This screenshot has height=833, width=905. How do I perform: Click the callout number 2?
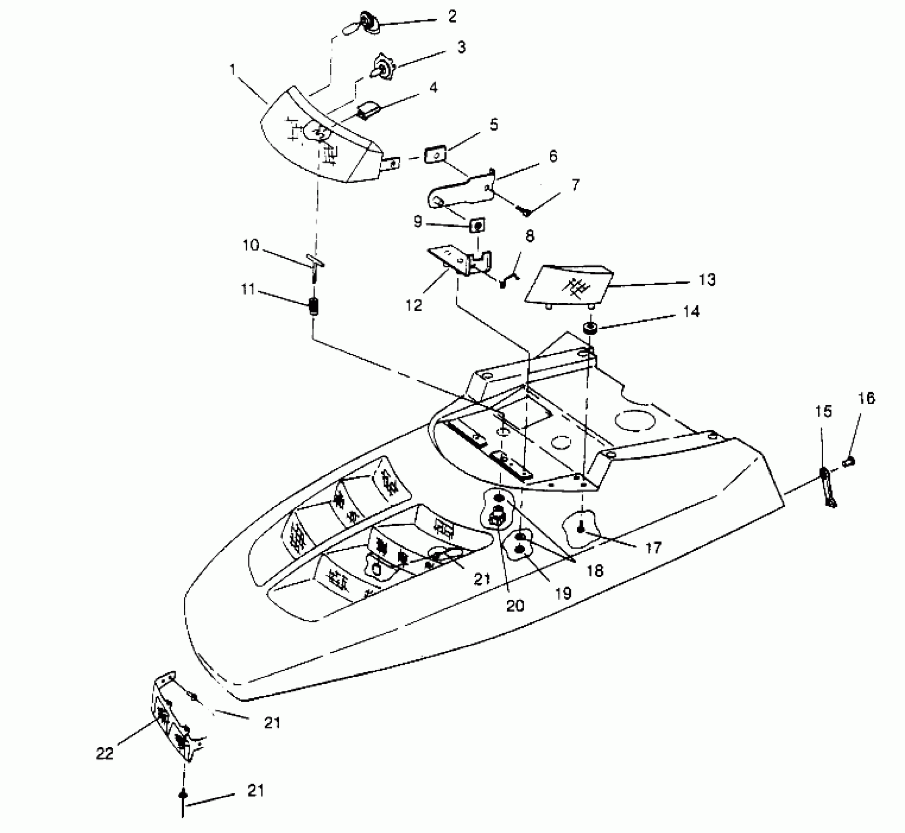click(452, 17)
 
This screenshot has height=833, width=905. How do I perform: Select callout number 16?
click(866, 398)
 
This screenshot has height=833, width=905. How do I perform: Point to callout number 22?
click(104, 753)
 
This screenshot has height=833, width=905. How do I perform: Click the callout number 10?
click(250, 245)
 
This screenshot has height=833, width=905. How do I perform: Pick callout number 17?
click(653, 547)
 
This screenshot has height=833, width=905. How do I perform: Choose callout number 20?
click(515, 606)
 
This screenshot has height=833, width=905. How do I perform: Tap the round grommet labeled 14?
click(590, 328)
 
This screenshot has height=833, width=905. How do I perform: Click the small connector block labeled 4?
click(368, 111)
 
